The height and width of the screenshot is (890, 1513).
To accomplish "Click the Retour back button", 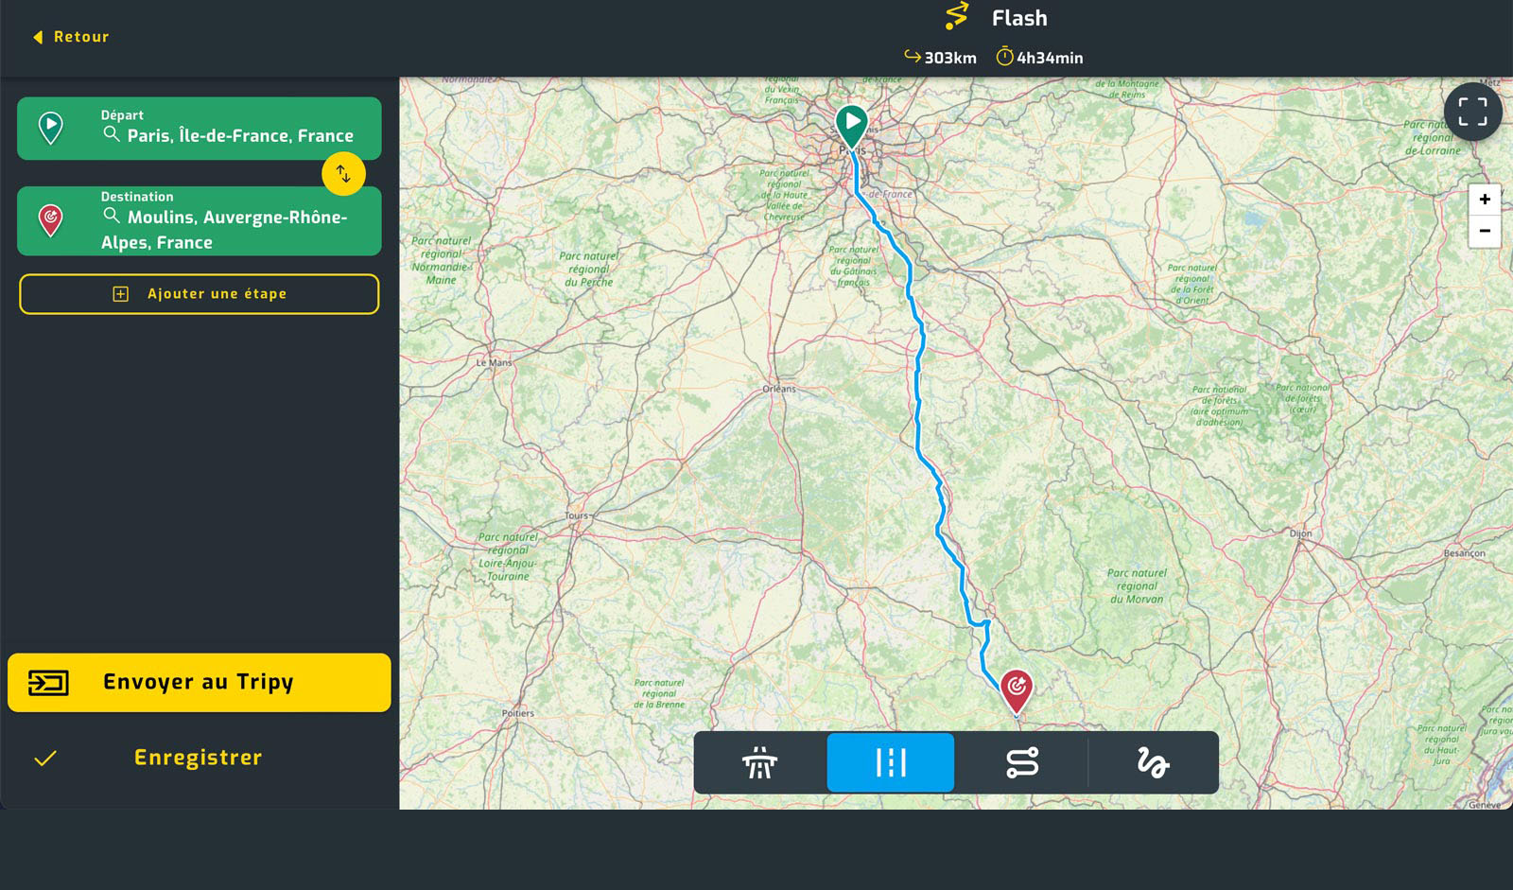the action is (x=71, y=37).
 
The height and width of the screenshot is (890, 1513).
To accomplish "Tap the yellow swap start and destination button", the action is (x=343, y=174).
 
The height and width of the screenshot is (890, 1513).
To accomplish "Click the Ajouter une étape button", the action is (x=199, y=294).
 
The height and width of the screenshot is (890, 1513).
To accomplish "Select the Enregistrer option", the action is (x=198, y=758).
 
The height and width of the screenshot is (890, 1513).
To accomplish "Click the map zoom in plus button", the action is (x=1485, y=200).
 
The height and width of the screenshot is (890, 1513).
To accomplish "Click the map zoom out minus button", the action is (x=1485, y=231).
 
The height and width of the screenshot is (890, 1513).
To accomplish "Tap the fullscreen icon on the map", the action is (x=1472, y=112).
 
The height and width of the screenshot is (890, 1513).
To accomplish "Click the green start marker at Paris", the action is (x=852, y=124).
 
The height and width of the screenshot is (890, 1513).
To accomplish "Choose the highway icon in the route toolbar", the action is (x=759, y=762).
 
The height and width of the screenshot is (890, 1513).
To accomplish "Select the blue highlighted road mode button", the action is (x=890, y=762).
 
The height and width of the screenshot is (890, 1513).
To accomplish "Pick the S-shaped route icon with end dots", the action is (x=1022, y=762).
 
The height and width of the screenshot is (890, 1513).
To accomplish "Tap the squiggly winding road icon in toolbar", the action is (x=1153, y=762).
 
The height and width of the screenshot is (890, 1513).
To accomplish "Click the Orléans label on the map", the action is (x=779, y=389).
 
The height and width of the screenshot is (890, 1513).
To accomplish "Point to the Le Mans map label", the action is (x=494, y=363).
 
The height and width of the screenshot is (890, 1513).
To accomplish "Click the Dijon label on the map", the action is (x=1300, y=533).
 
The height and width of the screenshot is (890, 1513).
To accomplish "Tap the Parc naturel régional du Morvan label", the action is (x=1137, y=585).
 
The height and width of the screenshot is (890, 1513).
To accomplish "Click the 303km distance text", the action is (x=949, y=58).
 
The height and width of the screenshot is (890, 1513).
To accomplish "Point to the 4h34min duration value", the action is (x=1050, y=58).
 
